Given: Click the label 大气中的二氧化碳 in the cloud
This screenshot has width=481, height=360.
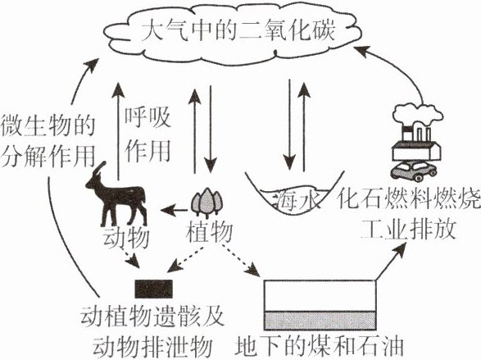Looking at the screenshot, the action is (238, 30).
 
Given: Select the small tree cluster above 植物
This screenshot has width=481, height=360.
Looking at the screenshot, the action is (206, 201).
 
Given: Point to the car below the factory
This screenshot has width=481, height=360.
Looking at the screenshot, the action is (414, 171).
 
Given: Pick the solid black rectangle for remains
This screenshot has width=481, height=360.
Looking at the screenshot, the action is (154, 289).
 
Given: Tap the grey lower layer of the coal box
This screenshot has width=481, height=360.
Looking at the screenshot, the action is (320, 321).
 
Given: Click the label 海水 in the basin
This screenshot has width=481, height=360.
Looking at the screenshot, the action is (297, 201).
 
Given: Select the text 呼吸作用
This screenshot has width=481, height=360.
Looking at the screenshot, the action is (147, 135).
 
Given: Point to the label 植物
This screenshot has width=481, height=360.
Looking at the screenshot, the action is (209, 233).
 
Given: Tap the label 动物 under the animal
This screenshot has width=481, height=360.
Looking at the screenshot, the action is (126, 238).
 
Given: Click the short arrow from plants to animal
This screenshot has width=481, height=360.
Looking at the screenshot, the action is (174, 210).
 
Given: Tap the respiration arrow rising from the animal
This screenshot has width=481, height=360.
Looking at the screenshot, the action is (118, 133).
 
